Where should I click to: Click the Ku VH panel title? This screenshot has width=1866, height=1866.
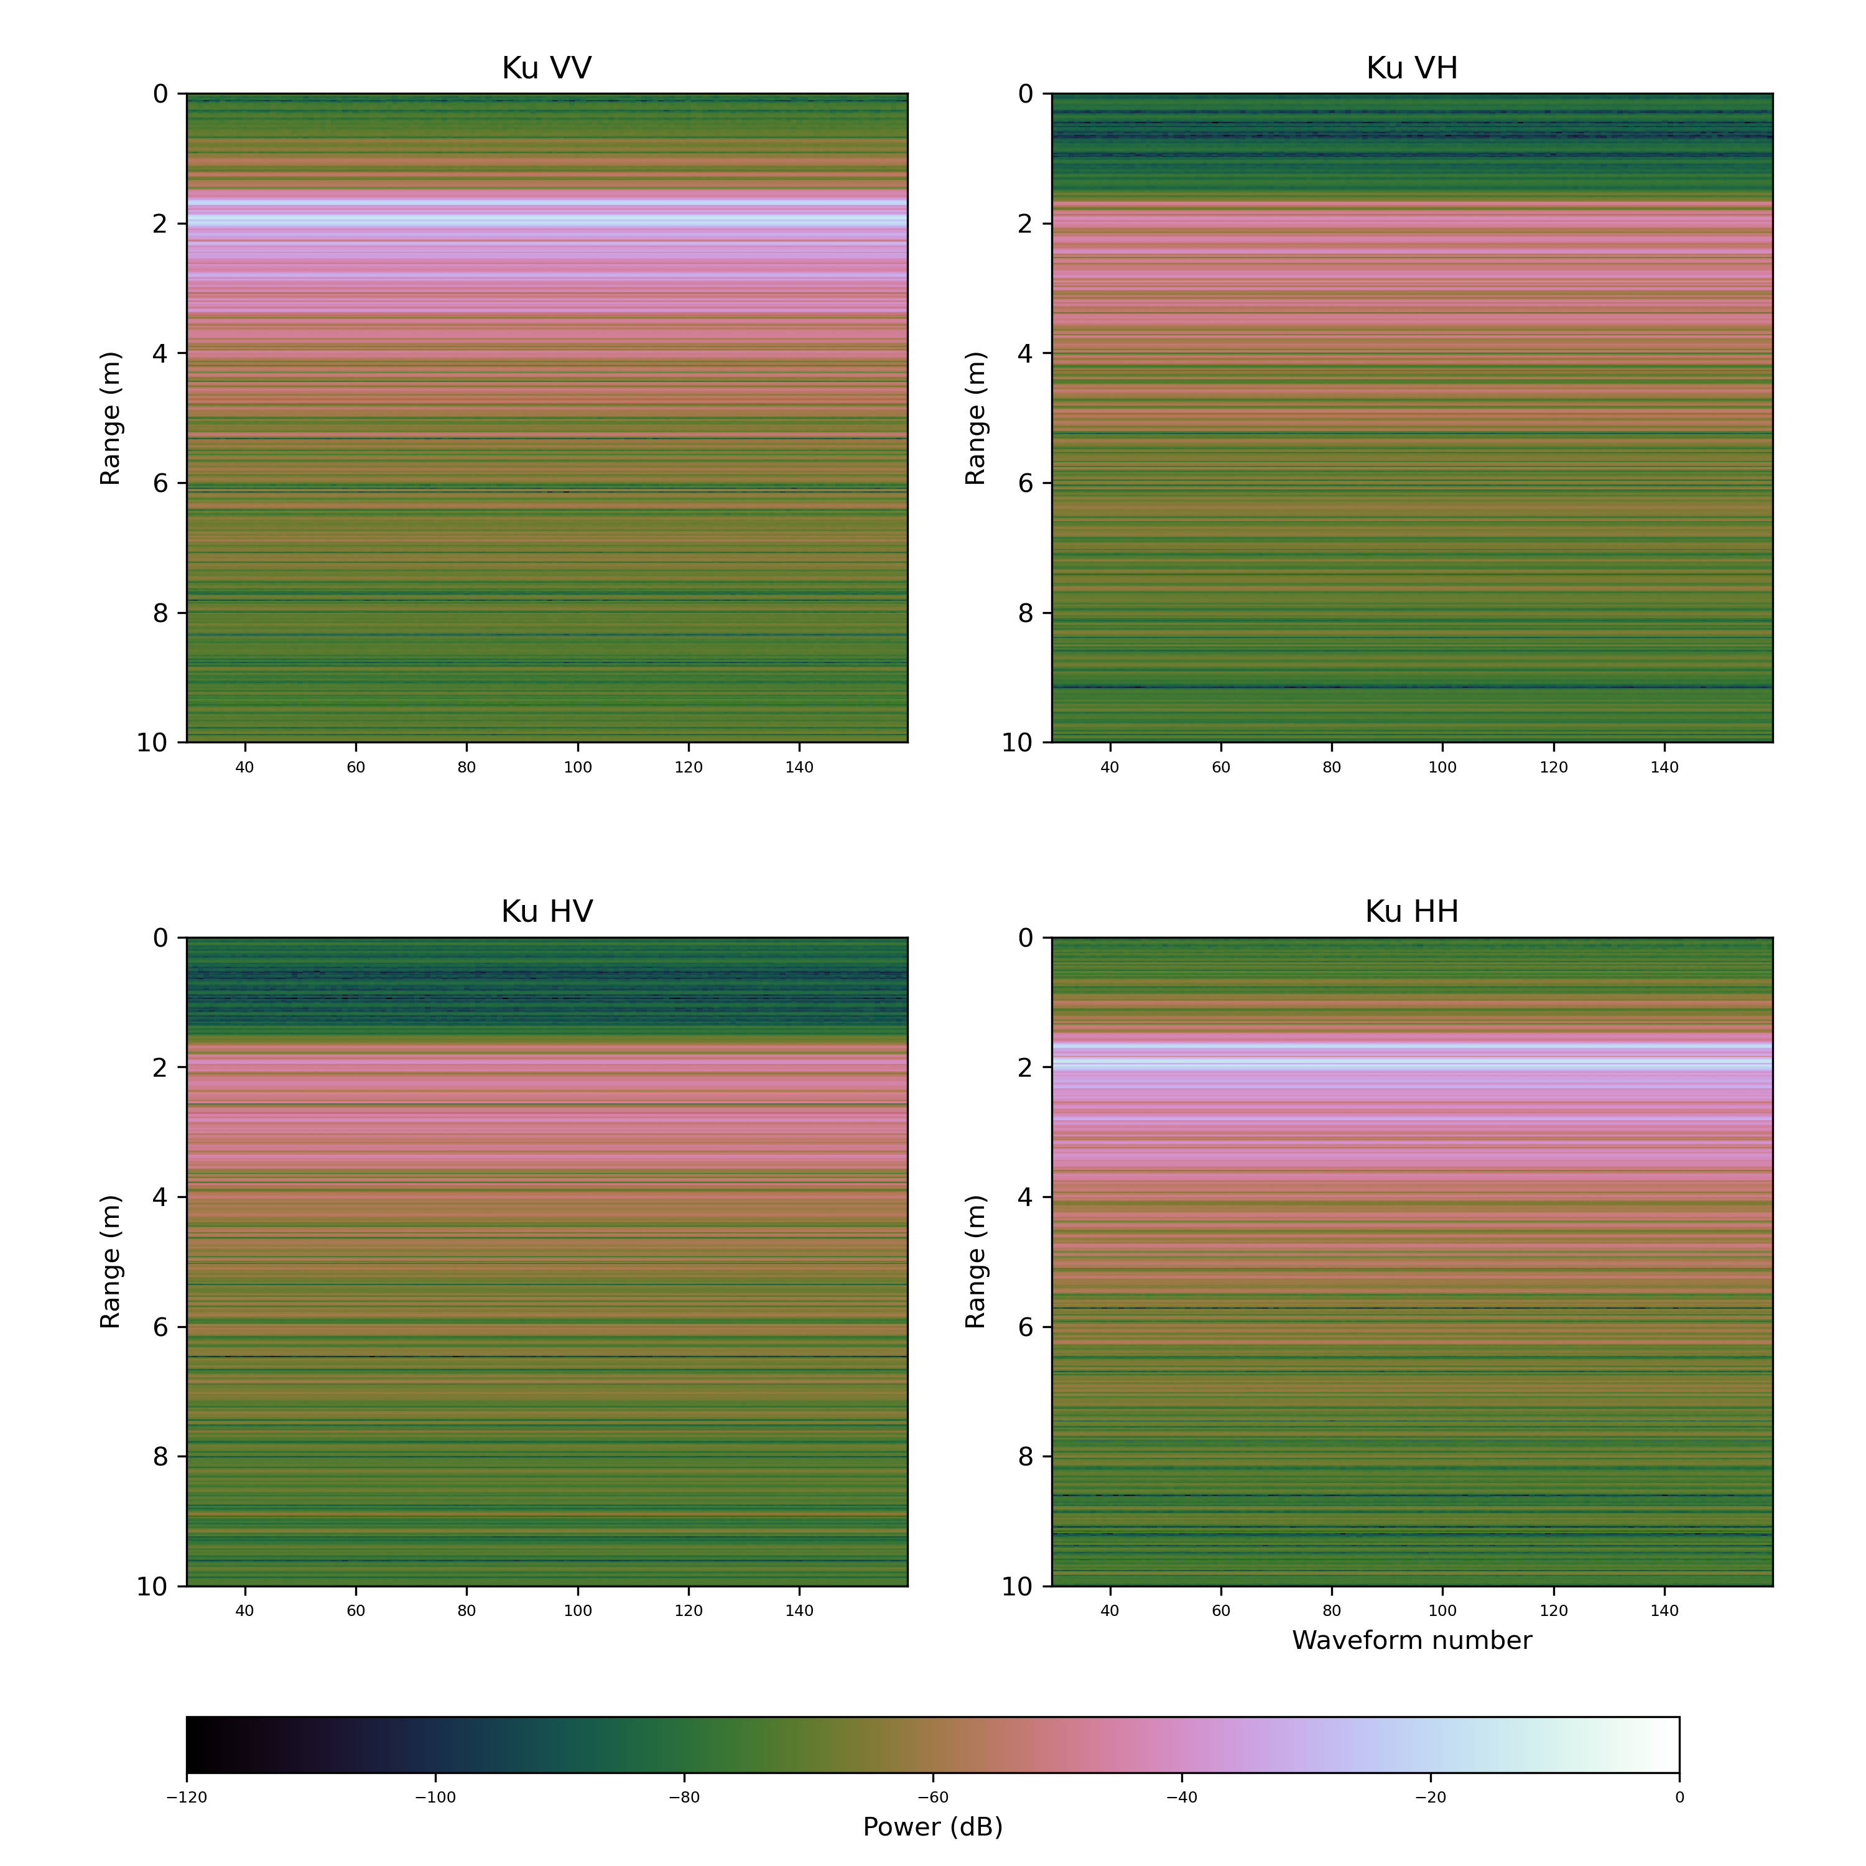click(x=1411, y=68)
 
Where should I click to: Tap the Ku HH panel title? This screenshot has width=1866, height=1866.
click(x=1411, y=912)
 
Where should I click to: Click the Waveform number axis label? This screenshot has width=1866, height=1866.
click(x=1411, y=1640)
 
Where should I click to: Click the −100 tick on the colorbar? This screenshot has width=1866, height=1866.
click(x=435, y=1798)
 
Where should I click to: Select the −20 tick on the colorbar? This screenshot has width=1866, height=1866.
click(x=1431, y=1798)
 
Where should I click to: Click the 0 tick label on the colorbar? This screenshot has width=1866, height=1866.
click(x=1679, y=1798)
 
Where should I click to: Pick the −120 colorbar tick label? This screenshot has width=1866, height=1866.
click(x=187, y=1798)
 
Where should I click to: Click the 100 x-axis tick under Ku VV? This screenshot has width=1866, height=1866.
click(x=578, y=767)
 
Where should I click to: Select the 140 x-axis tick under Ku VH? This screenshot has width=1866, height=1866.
click(x=1664, y=767)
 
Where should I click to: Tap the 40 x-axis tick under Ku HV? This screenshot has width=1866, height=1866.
click(x=245, y=1610)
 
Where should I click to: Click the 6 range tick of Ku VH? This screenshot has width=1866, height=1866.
click(x=1026, y=483)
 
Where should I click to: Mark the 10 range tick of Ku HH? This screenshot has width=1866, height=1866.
click(x=1017, y=1586)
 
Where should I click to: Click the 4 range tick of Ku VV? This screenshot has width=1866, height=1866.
click(x=160, y=353)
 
